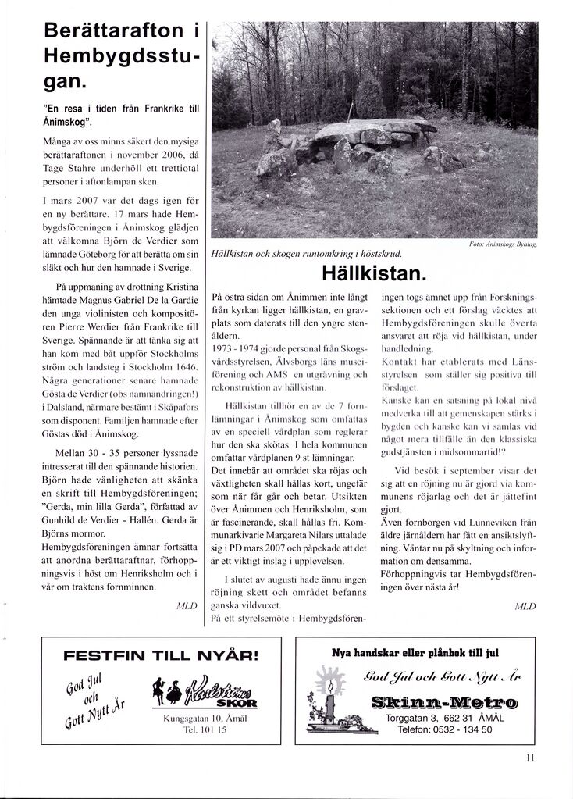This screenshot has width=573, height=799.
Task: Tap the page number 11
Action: click(530, 757)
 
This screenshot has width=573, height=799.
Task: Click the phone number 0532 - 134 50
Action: click(457, 729)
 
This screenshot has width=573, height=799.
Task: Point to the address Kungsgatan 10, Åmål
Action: click(194, 718)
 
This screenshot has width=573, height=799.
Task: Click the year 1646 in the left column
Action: click(186, 366)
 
